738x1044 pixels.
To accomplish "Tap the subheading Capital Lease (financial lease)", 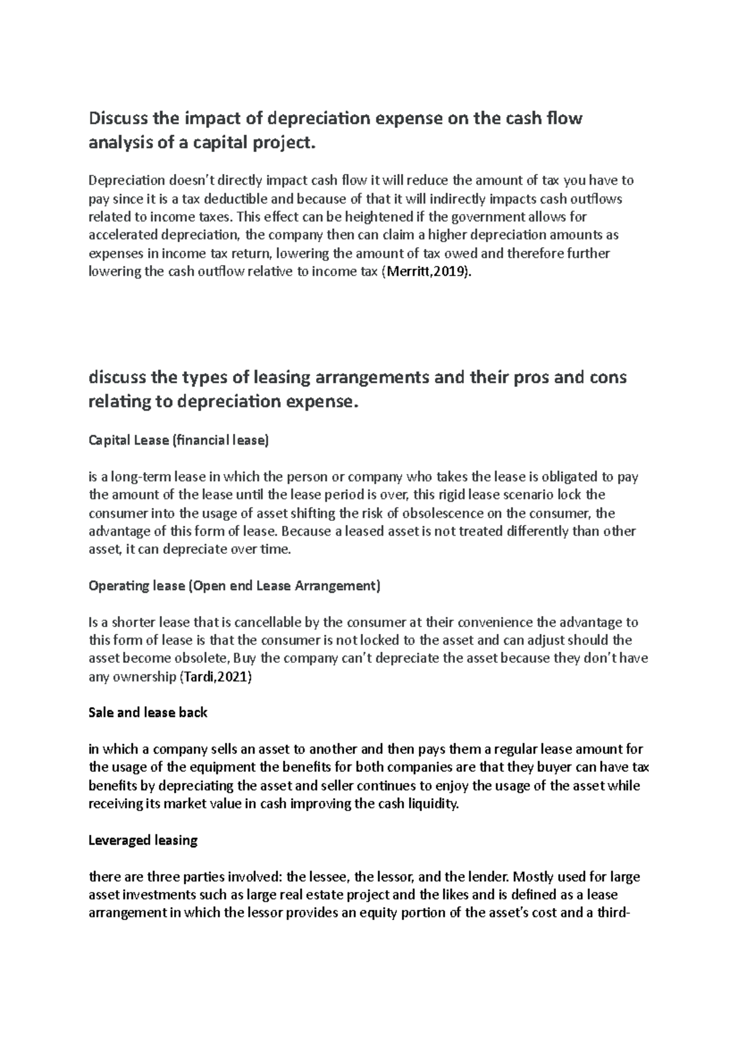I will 179,441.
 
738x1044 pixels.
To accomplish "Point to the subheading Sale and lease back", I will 148,713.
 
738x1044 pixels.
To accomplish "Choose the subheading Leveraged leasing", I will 143,840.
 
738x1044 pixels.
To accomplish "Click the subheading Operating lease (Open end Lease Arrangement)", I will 234,586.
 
